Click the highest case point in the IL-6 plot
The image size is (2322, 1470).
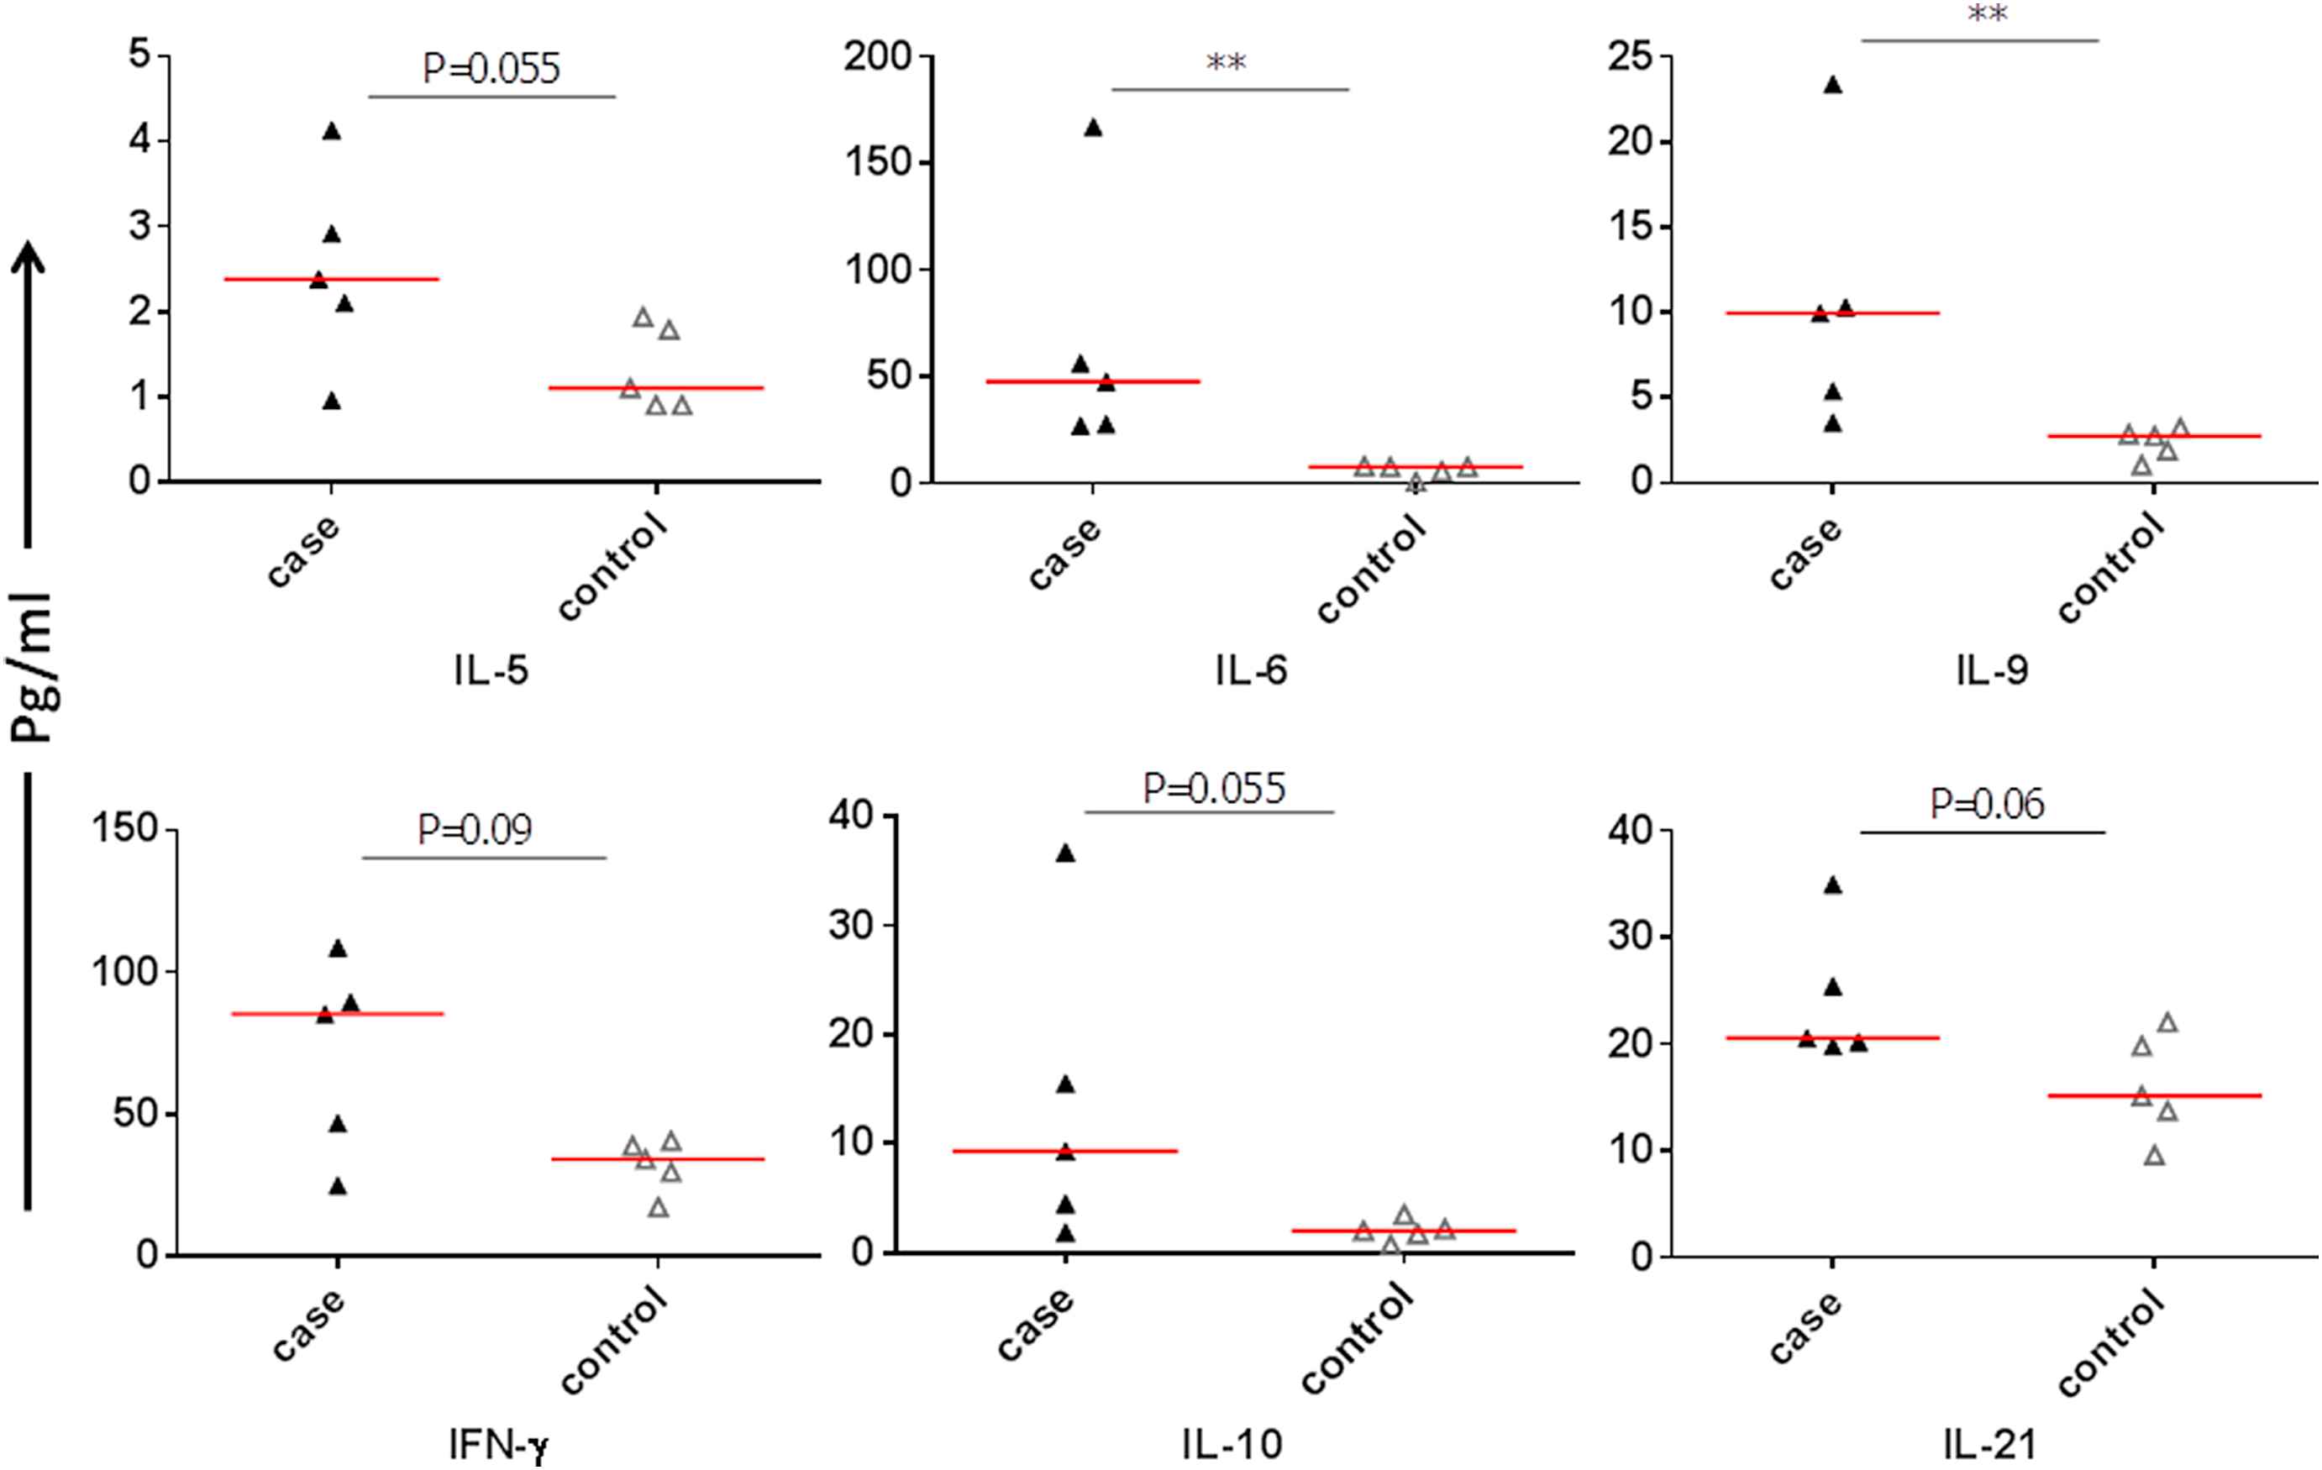pyautogui.click(x=1093, y=129)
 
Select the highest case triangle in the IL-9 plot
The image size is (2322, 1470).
pyautogui.click(x=1832, y=86)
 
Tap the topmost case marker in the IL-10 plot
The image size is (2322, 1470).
pyautogui.click(x=1065, y=853)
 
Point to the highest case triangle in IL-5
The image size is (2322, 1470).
pyautogui.click(x=332, y=132)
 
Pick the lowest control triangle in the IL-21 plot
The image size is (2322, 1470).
pyautogui.click(x=2154, y=1156)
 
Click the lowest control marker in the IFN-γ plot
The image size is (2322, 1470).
pyautogui.click(x=658, y=1208)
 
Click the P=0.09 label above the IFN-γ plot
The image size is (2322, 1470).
pyautogui.click(x=475, y=829)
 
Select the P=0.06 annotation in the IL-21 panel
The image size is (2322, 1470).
pyautogui.click(x=1987, y=803)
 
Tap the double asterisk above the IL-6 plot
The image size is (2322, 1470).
pyautogui.click(x=1227, y=64)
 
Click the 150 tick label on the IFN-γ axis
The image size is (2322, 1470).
pyautogui.click(x=124, y=828)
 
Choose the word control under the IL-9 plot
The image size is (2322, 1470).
pyautogui.click(x=2111, y=568)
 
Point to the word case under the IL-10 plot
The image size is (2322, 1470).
pyautogui.click(x=1035, y=1326)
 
